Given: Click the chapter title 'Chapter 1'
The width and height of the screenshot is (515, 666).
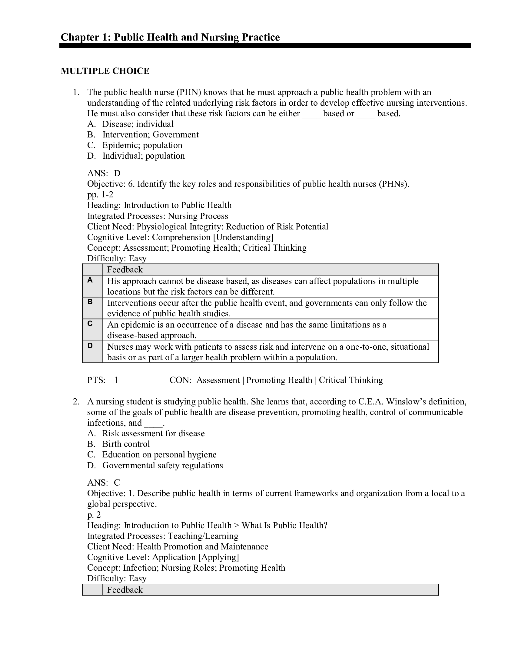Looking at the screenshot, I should pos(170,37).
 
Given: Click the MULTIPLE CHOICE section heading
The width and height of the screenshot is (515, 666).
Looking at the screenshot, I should pos(105,71).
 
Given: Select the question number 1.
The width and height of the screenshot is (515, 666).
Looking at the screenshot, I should pos(76,92).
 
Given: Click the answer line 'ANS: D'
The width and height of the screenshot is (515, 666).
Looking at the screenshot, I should pos(104,173).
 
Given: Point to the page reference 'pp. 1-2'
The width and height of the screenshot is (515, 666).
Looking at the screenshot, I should pos(100,195).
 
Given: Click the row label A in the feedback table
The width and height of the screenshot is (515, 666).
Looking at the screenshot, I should pos(90,280).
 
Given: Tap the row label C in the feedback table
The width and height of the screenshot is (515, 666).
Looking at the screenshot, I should pos(90,324).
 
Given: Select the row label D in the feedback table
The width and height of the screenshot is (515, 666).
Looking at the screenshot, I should pos(90,345).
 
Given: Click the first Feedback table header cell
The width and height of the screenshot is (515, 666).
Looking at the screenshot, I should pos(125,269).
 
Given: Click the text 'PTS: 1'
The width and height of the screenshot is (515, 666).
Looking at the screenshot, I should pos(102,380).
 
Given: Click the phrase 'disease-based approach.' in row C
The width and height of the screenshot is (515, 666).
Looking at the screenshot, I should pos(152,335).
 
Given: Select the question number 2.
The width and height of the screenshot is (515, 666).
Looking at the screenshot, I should pos(76,402).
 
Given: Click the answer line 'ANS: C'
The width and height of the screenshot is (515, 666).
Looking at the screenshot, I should pos(103,483).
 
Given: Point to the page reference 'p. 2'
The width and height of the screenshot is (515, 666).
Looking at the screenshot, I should pos(94,515).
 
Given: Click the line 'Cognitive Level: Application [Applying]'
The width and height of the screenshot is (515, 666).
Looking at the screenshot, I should pos(163,557).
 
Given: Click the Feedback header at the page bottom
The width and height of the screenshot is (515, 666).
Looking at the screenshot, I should pos(125,590).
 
